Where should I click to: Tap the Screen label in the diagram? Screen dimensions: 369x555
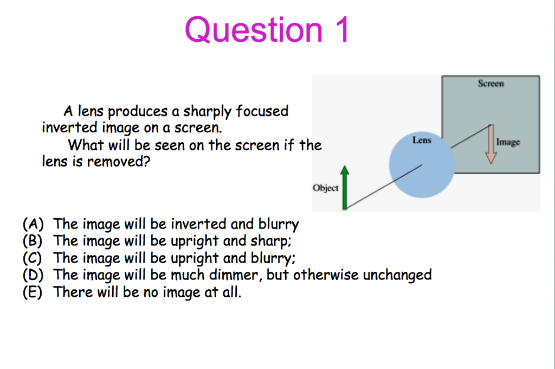[491, 84]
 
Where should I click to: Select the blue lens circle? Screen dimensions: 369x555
[422, 166]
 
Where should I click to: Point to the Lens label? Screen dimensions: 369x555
[422, 140]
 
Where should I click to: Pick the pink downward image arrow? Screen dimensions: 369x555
[491, 144]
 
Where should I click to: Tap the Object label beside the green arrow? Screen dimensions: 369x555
[325, 188]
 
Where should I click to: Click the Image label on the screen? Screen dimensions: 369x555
[508, 142]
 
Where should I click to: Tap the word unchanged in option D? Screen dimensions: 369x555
[397, 275]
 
